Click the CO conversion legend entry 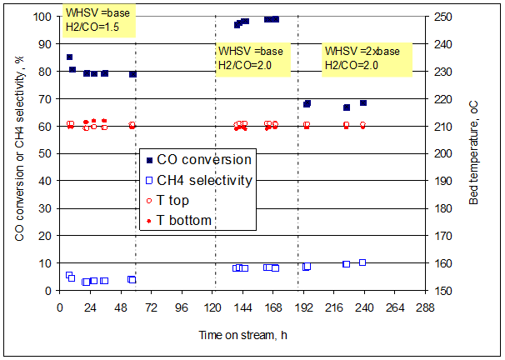pyautogui.click(x=198, y=159)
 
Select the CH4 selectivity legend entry pyautogui.click(x=198, y=179)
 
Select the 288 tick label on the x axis pyautogui.click(x=426, y=307)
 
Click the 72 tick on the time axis pyautogui.click(x=151, y=307)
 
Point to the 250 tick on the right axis pyautogui.click(x=442, y=17)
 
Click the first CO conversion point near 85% pyautogui.click(x=69, y=57)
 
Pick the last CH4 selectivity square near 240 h pyautogui.click(x=362, y=262)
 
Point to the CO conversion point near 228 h pyautogui.click(x=347, y=107)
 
